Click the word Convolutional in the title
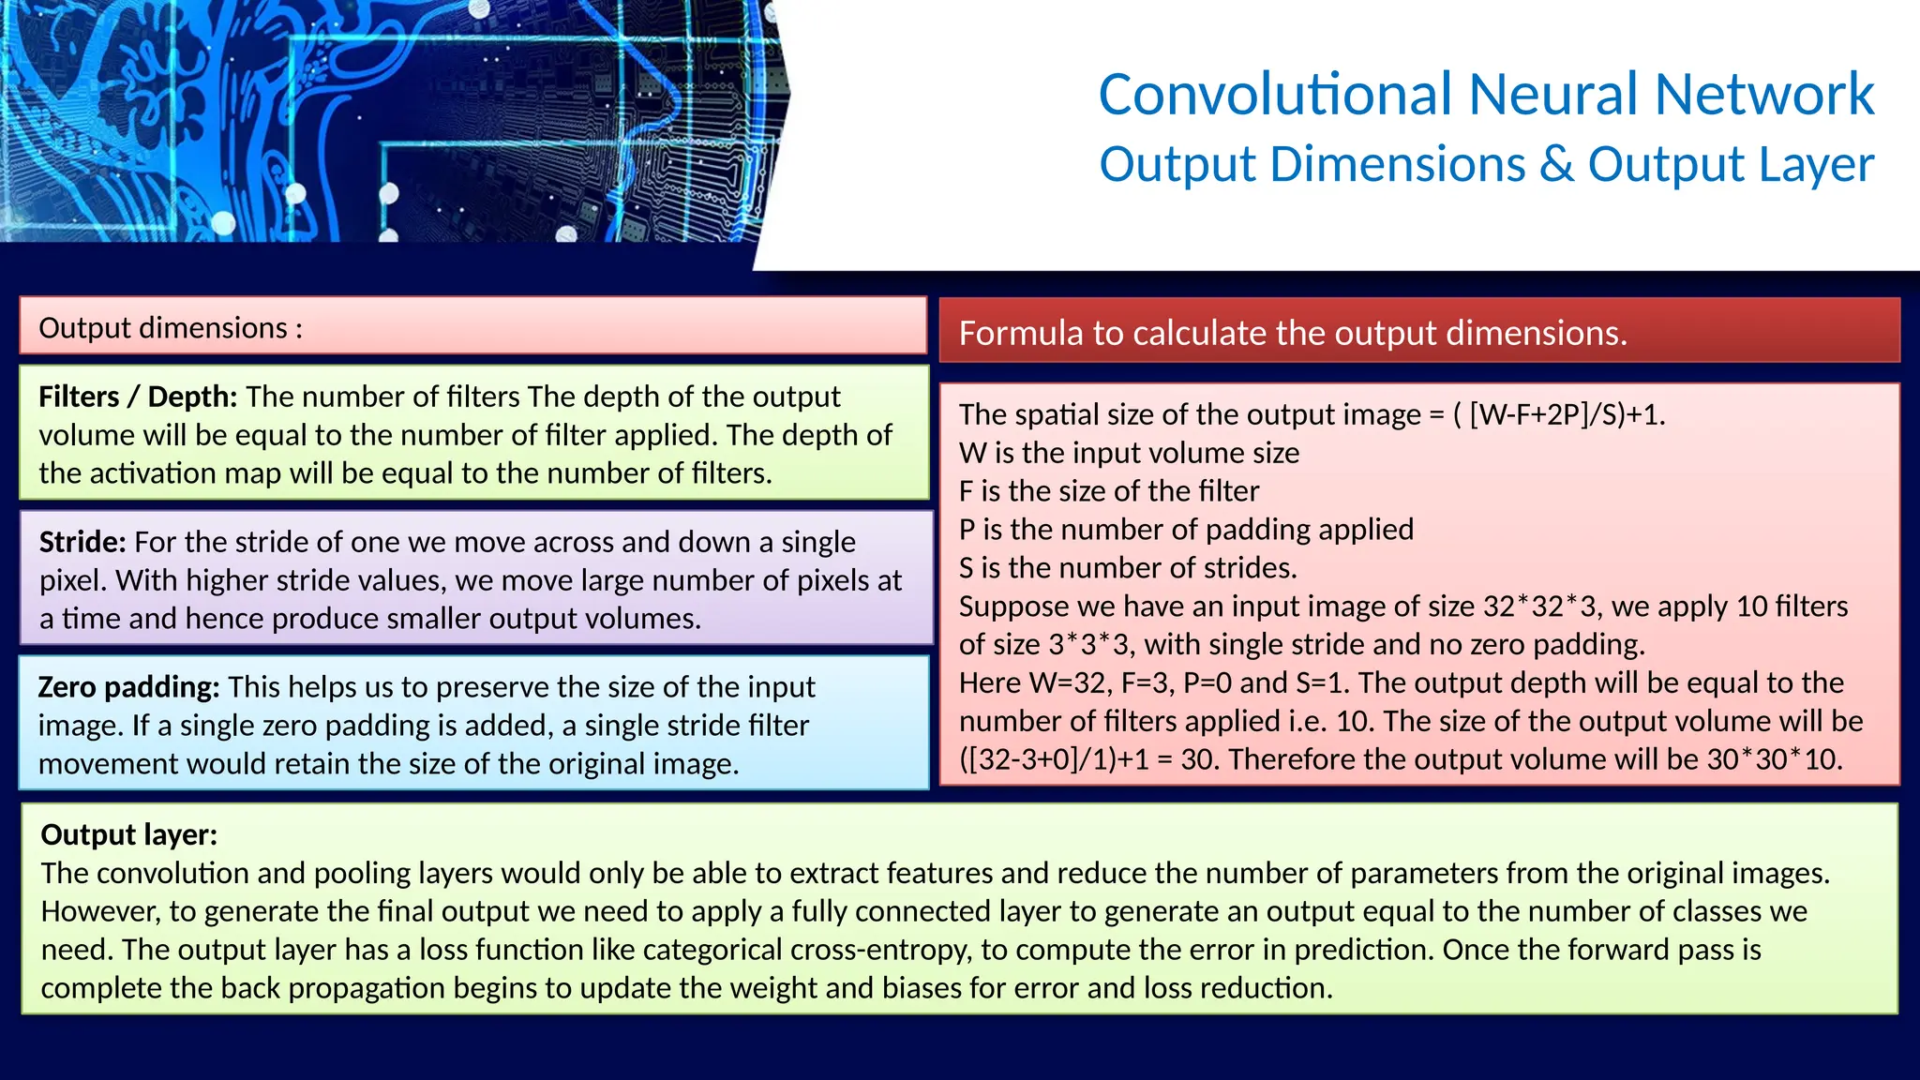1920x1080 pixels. pos(1276,95)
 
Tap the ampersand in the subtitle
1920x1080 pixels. pos(1556,164)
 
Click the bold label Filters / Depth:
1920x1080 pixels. pos(138,397)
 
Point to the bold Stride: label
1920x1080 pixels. pos(82,542)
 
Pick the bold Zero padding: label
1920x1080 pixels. pos(128,687)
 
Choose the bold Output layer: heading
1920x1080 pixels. pos(129,834)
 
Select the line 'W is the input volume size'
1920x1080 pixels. pos(1129,453)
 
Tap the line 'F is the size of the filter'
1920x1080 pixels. pos(1109,491)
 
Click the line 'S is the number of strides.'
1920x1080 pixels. pos(1128,568)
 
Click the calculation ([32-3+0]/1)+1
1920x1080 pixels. pos(1054,759)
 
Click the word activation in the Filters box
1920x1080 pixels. pos(185,473)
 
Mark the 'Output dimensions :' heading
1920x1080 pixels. pos(171,328)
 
